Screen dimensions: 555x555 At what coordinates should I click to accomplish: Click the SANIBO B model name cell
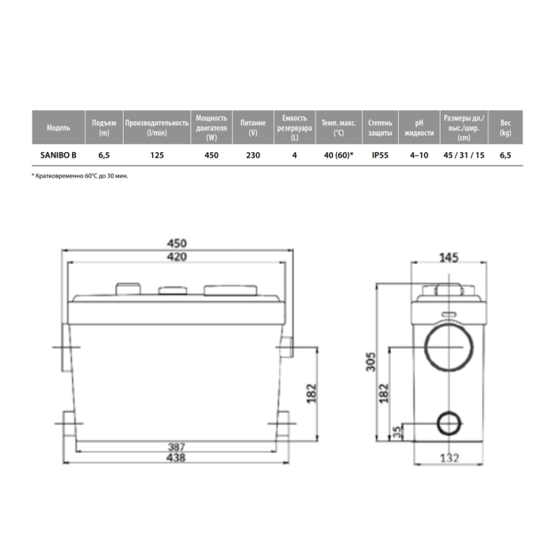[x=59, y=155]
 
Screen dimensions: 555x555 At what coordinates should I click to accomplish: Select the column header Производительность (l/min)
[x=157, y=128]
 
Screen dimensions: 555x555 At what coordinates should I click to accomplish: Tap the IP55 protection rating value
[x=380, y=155]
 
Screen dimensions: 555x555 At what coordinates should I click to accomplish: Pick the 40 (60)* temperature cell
[x=339, y=155]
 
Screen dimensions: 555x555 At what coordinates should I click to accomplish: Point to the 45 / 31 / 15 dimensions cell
[x=464, y=155]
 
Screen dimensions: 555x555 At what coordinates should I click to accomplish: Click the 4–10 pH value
[x=419, y=155]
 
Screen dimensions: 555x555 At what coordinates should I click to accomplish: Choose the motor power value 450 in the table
[x=212, y=155]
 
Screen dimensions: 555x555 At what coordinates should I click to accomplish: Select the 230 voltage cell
[x=253, y=155]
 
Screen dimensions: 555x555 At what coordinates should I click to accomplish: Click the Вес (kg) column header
[x=506, y=128]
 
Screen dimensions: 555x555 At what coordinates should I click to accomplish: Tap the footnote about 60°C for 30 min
[x=80, y=176]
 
